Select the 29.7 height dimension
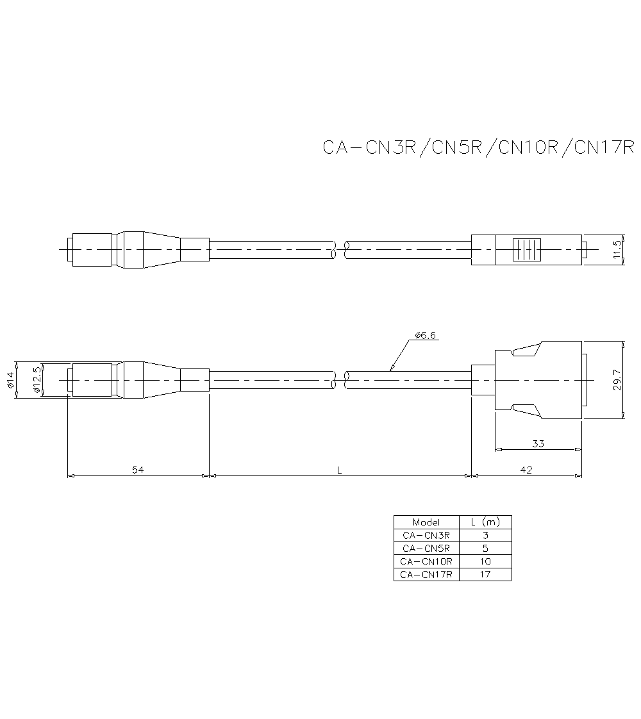click(617, 381)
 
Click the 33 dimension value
click(538, 443)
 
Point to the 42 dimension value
click(526, 470)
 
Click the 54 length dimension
click(138, 470)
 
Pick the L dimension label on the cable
click(340, 470)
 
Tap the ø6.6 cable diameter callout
click(426, 335)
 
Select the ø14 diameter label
click(11, 381)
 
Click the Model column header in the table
click(426, 522)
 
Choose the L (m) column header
click(485, 522)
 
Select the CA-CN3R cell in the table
click(426, 535)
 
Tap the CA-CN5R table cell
click(426, 549)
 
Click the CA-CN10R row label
click(426, 561)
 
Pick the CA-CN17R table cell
click(426, 575)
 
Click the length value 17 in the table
click(485, 575)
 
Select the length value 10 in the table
click(485, 561)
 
